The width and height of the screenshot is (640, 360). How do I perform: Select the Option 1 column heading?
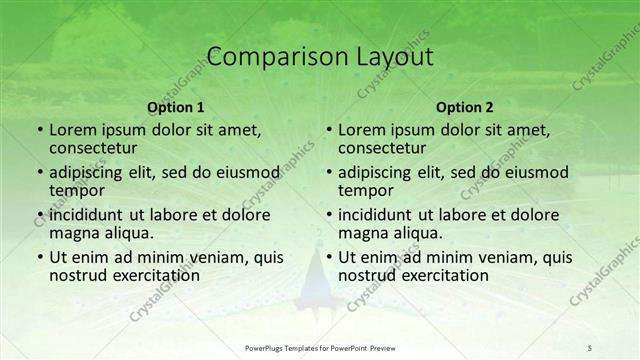176,107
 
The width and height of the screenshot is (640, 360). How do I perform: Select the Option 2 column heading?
464,107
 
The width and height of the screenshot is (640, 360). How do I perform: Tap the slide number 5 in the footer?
590,347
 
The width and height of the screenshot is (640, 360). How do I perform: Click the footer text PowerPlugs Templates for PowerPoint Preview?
319,347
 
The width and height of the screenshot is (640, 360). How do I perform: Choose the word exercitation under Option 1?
155,275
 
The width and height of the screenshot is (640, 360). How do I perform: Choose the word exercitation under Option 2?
444,275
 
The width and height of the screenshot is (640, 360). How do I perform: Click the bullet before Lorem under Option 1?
38,130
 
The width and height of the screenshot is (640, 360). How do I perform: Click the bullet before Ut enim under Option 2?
327,257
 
